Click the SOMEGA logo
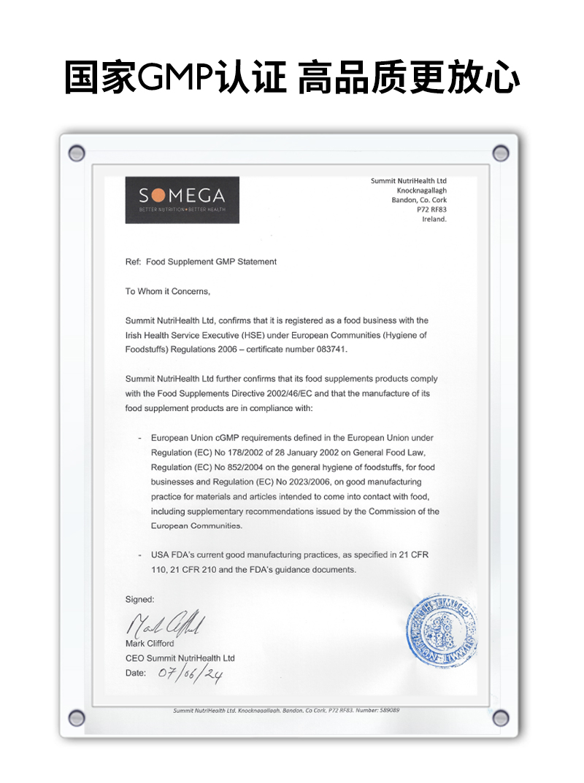coord(182,200)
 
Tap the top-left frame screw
coord(76,153)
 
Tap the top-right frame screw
coord(501,153)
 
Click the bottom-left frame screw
coord(76,717)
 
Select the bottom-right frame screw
coord(501,717)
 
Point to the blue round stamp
coord(442,630)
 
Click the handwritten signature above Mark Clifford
coord(166,625)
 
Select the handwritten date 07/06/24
coord(190,674)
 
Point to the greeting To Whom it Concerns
coord(168,291)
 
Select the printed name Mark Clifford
coord(150,644)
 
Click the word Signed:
coord(139,599)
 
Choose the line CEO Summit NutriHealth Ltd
coord(180,658)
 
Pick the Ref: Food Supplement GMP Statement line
coord(201,261)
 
